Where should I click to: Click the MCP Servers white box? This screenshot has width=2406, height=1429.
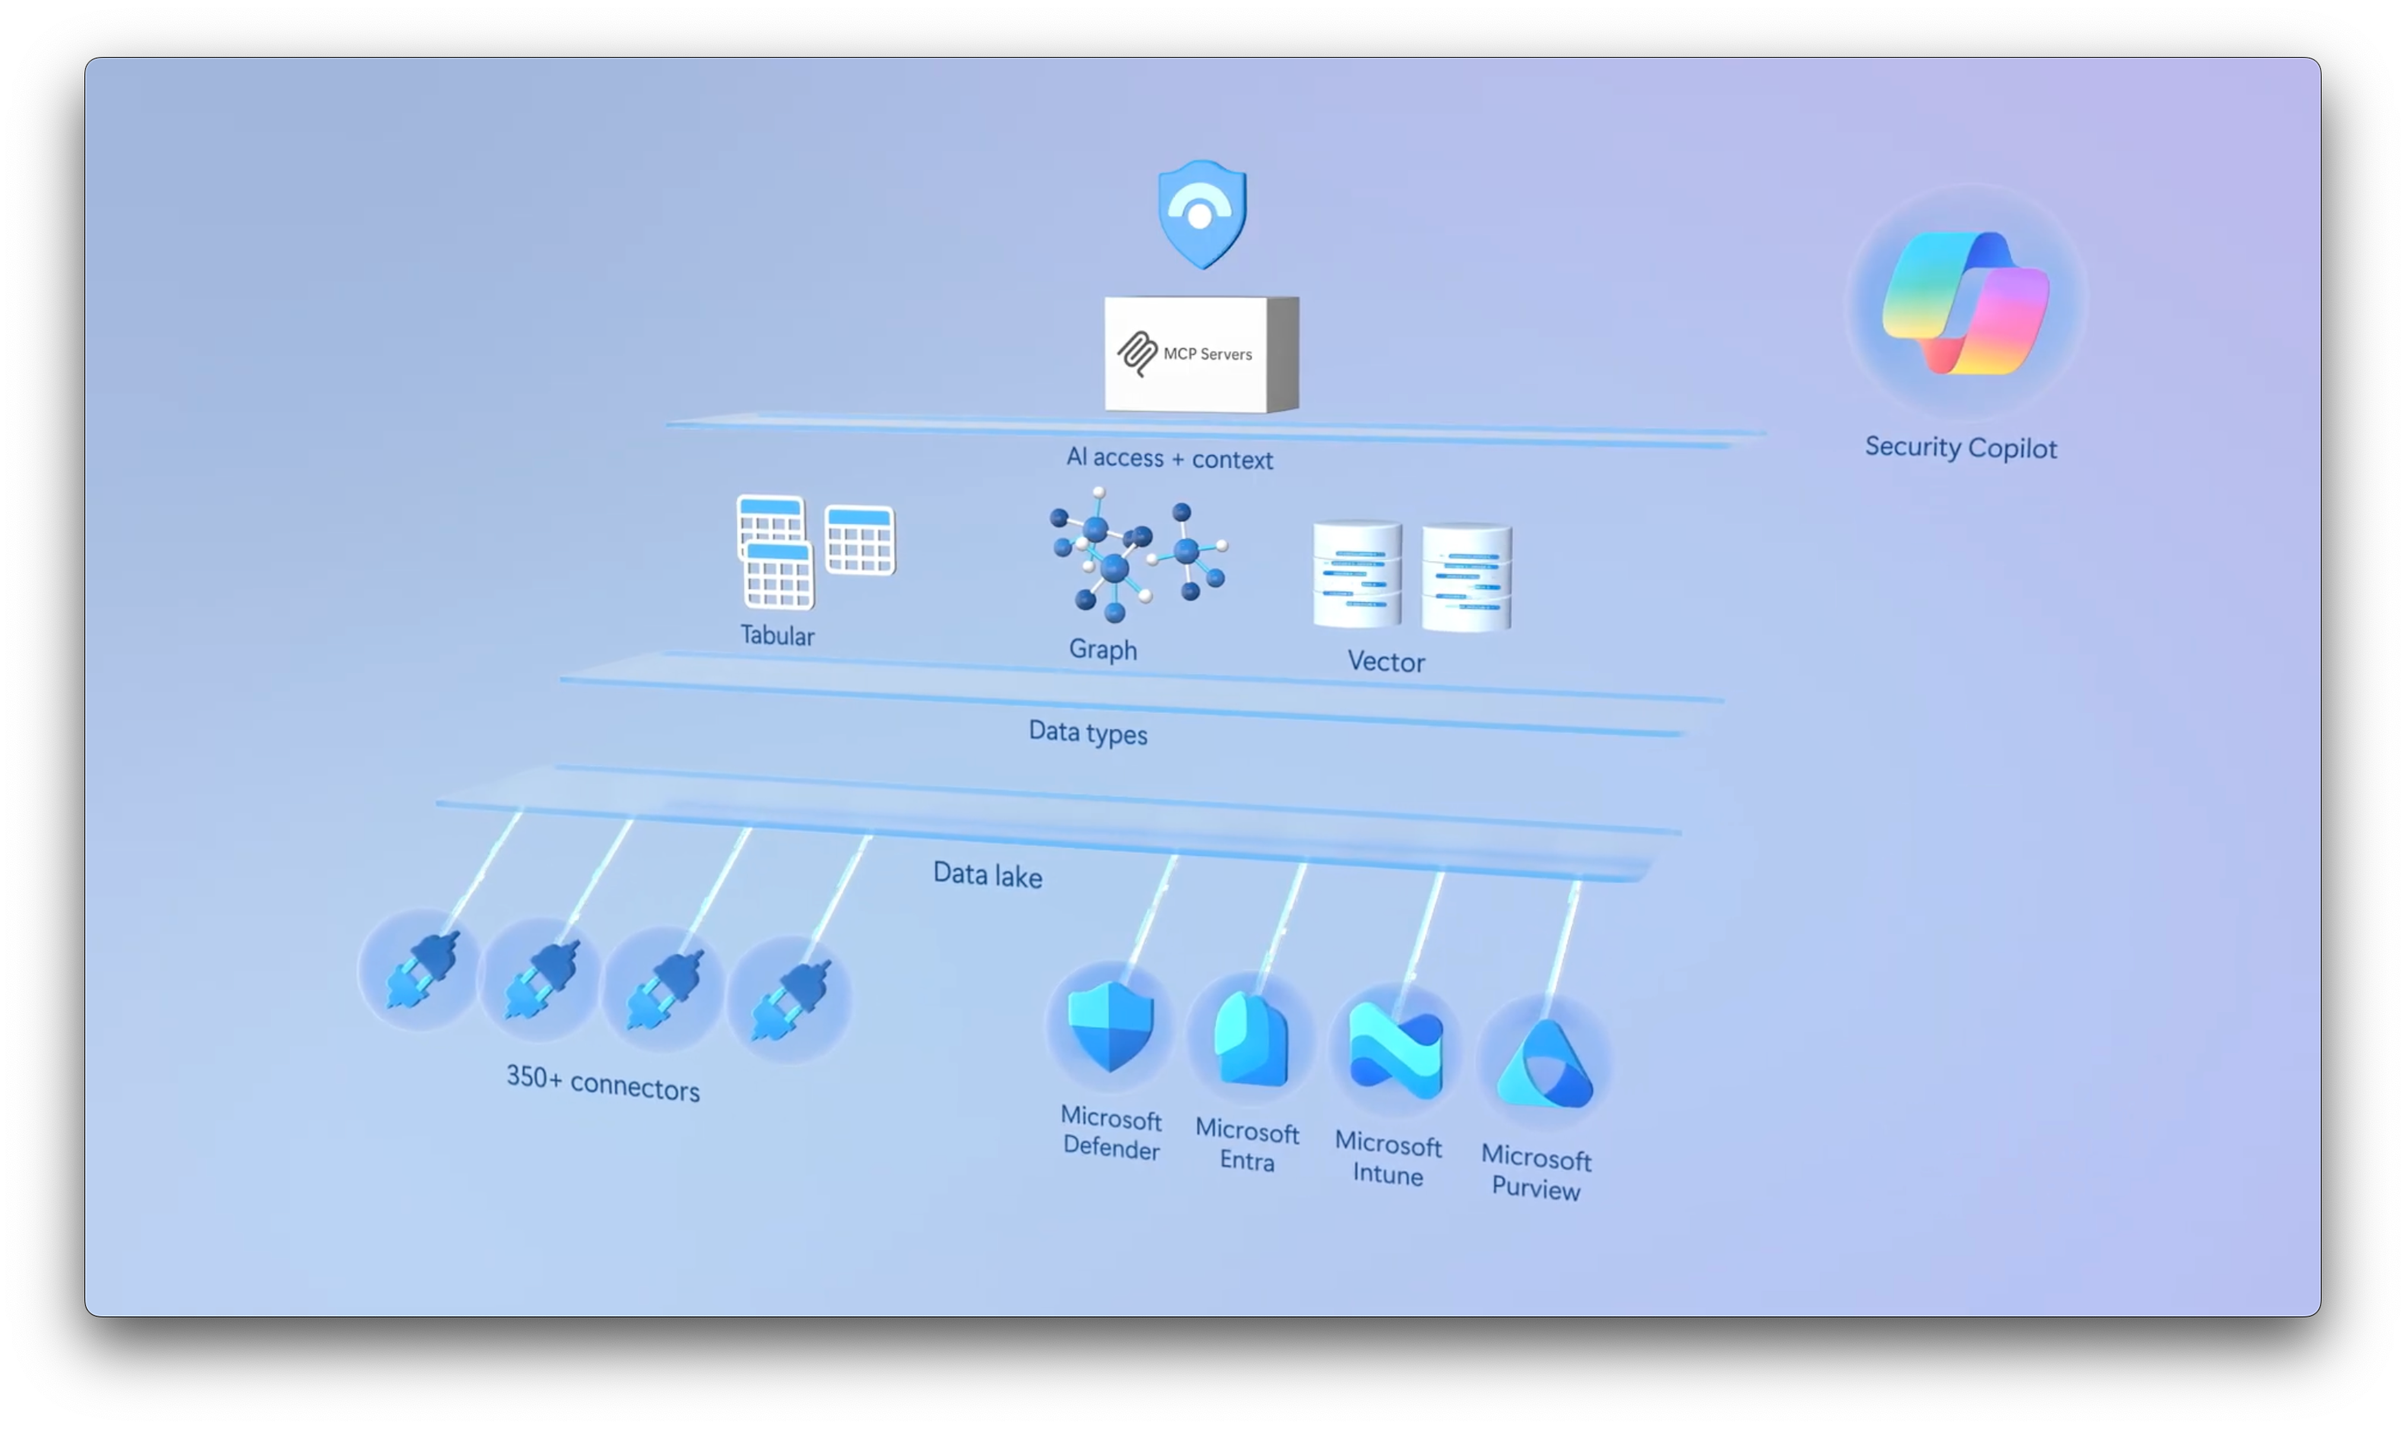click(x=1200, y=354)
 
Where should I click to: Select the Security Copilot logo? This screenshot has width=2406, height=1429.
click(x=1965, y=303)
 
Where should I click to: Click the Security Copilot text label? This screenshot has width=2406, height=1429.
click(x=1960, y=448)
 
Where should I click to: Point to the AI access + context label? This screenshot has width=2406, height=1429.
click(x=1170, y=458)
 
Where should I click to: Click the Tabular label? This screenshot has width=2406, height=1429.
click(x=776, y=635)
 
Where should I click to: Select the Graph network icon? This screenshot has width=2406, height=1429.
click(x=1138, y=553)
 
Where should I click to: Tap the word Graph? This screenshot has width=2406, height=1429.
click(x=1103, y=650)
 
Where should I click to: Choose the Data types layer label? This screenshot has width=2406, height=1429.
click(x=1087, y=733)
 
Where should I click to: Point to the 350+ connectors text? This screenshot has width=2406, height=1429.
click(x=603, y=1083)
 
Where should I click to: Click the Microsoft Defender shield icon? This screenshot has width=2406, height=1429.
click(x=1110, y=1025)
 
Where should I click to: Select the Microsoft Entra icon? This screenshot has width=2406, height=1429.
click(x=1250, y=1038)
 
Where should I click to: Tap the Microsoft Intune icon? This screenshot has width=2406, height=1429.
click(x=1395, y=1050)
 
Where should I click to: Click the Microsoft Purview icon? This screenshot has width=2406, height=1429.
click(x=1544, y=1064)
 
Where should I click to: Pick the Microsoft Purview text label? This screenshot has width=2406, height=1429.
click(x=1536, y=1172)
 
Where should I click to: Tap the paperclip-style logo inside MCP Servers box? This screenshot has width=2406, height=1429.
click(x=1138, y=353)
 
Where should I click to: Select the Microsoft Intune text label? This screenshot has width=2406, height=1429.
click(x=1388, y=1158)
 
